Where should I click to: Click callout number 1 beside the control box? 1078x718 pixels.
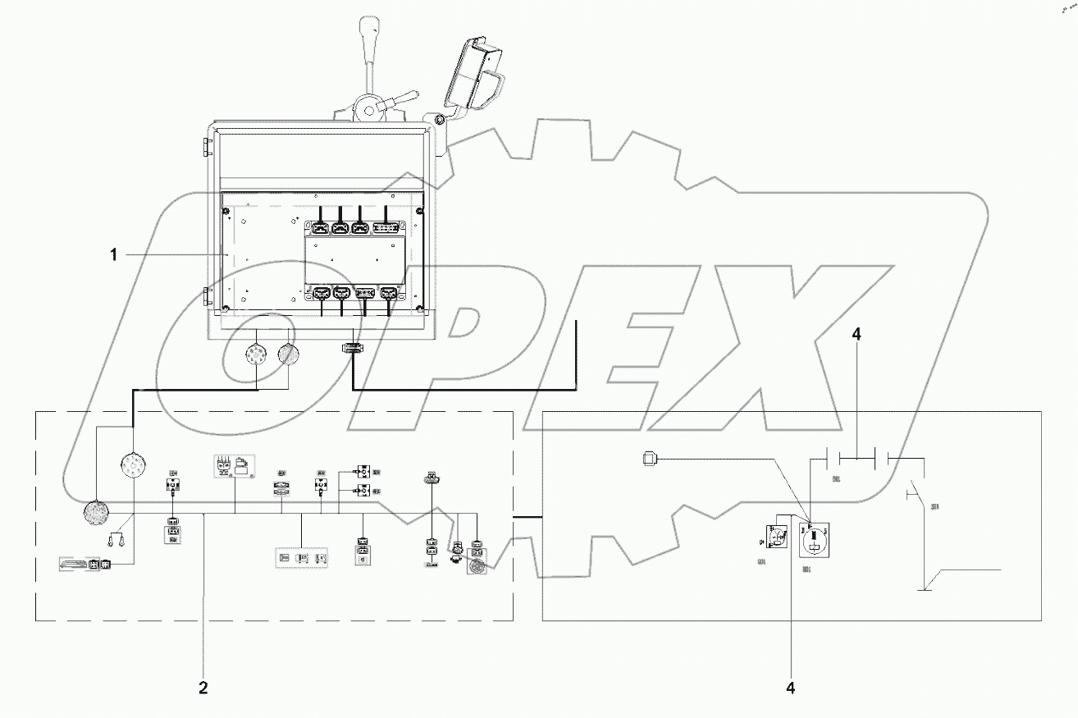tap(116, 255)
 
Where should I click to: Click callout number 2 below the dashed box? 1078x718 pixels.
tap(203, 688)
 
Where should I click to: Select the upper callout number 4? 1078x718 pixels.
tap(856, 335)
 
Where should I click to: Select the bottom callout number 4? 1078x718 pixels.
tap(790, 688)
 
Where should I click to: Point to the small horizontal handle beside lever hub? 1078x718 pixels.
tap(401, 101)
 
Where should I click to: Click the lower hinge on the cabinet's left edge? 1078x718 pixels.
tap(208, 296)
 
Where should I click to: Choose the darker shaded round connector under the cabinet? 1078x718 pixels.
tap(289, 355)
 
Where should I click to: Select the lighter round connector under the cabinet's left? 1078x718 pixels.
tap(255, 356)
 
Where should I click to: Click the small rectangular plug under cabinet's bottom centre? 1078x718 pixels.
tap(351, 349)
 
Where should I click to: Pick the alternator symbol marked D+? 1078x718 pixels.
tap(776, 538)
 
